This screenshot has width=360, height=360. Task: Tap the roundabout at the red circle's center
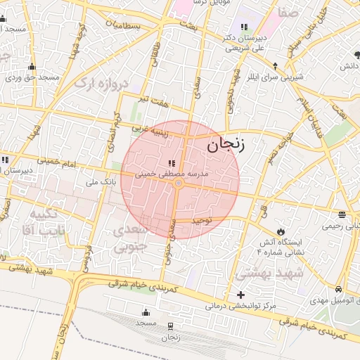(179, 184)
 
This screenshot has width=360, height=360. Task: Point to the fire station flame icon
(281, 231)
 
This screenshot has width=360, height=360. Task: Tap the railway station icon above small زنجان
(169, 326)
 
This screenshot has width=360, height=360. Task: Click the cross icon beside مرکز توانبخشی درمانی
(241, 295)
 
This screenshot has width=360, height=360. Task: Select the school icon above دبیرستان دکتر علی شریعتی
(243, 27)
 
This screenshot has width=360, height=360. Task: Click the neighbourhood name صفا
(286, 13)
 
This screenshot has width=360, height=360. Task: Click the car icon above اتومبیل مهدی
(338, 289)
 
